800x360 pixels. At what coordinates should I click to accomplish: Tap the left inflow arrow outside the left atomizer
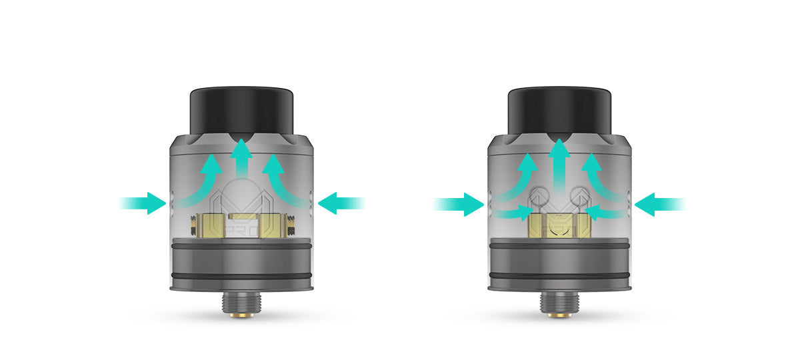(143, 203)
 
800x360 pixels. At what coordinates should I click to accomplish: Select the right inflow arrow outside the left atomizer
(341, 203)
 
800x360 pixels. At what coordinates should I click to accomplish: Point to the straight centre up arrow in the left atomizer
(241, 160)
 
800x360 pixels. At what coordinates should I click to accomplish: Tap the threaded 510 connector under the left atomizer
(241, 303)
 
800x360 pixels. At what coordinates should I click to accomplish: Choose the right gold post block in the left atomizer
(273, 225)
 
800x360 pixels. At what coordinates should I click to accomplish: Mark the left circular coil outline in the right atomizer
(540, 197)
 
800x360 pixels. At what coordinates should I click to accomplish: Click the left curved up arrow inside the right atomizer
(520, 177)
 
